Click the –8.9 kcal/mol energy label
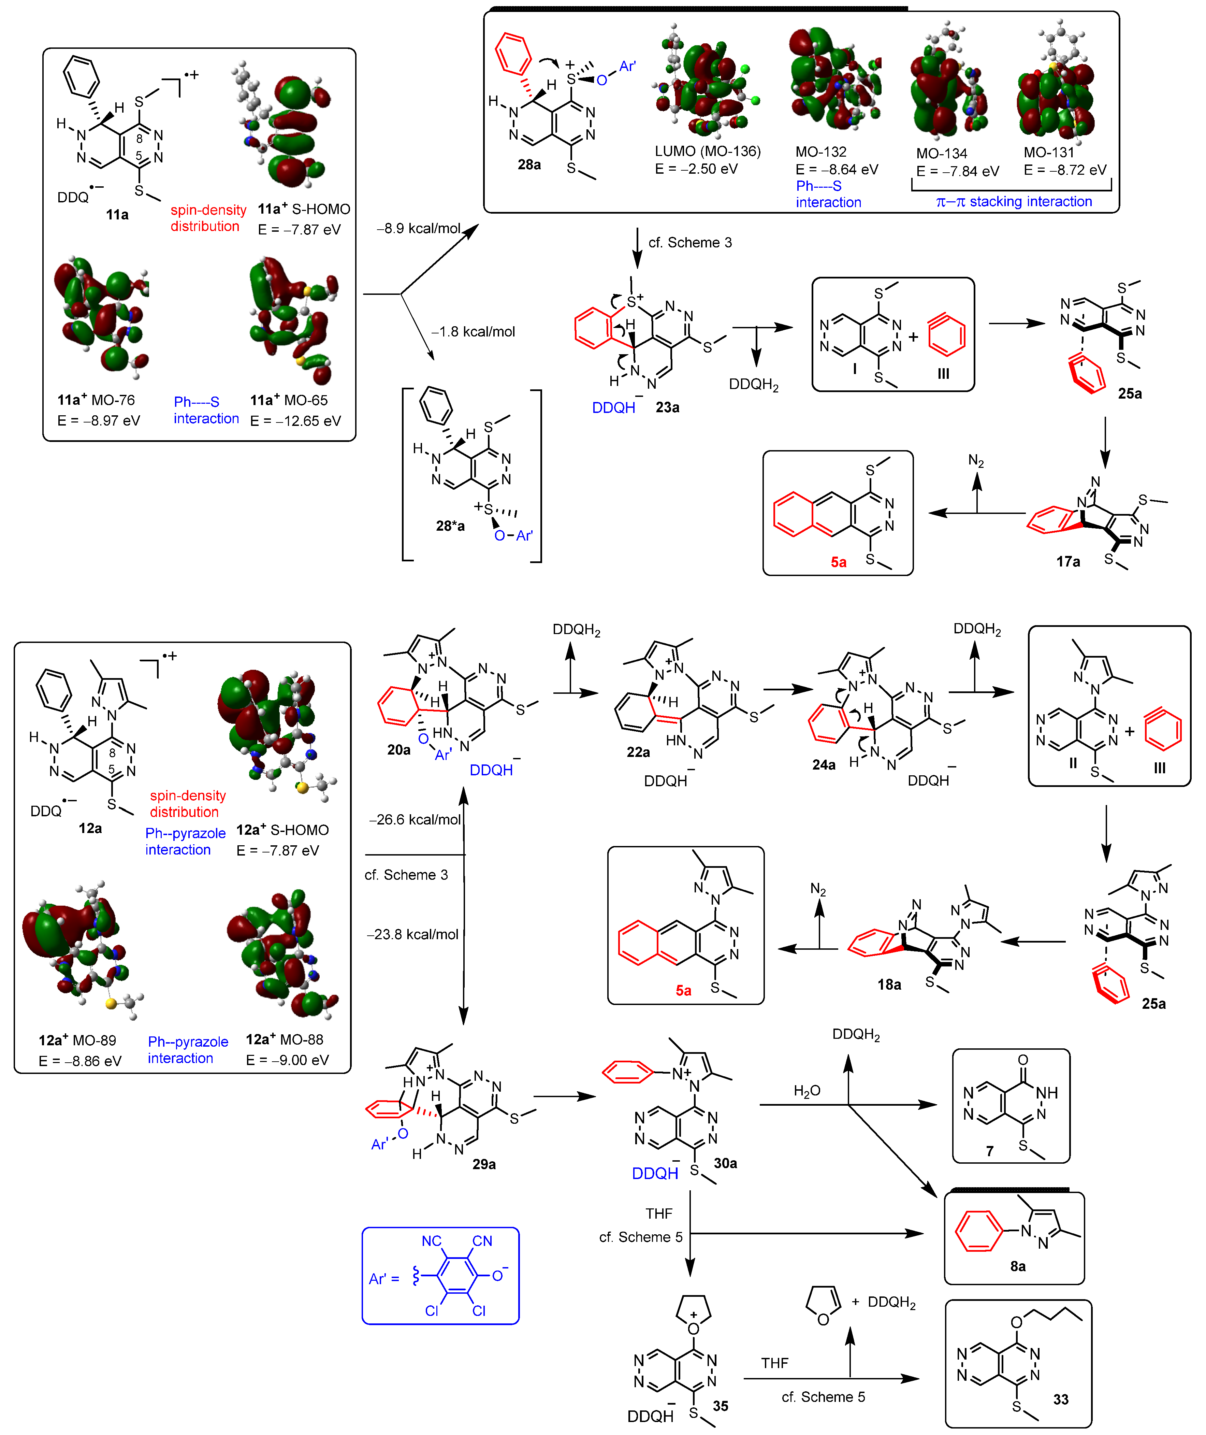point(418,228)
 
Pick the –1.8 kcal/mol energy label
point(473,332)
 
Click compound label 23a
point(667,408)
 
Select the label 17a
point(1068,562)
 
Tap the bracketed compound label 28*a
point(450,526)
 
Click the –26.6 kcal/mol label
point(414,819)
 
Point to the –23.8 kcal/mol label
point(412,934)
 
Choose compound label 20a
point(398,750)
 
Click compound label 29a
point(484,1164)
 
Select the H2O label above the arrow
point(807,1091)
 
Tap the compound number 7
point(989,1151)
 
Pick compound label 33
point(1060,1400)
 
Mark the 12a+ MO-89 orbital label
point(77,1041)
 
